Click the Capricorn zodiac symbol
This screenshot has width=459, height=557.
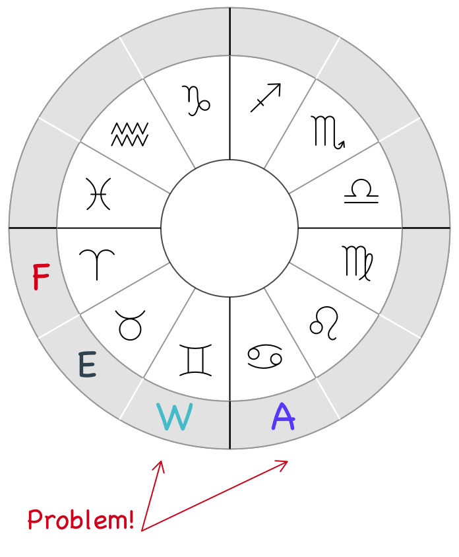pyautogui.click(x=196, y=100)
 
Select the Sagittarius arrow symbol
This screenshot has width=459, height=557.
pyautogui.click(x=265, y=98)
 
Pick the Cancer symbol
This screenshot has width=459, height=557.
pyautogui.click(x=265, y=356)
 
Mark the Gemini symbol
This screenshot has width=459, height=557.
pyautogui.click(x=197, y=360)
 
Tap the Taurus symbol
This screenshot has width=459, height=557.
pyautogui.click(x=131, y=324)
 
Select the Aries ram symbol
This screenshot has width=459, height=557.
pyautogui.click(x=97, y=263)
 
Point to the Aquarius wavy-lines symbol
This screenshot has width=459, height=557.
pyautogui.click(x=129, y=134)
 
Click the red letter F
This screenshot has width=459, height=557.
pyautogui.click(x=41, y=277)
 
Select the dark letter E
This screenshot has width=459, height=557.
pyautogui.click(x=87, y=365)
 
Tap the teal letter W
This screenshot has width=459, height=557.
pyautogui.click(x=175, y=417)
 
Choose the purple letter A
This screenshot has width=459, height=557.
pyautogui.click(x=283, y=416)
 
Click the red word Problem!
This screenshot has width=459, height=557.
pyautogui.click(x=80, y=520)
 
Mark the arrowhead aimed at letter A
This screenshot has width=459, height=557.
pyautogui.click(x=285, y=463)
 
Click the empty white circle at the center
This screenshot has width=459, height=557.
pyautogui.click(x=229, y=228)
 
